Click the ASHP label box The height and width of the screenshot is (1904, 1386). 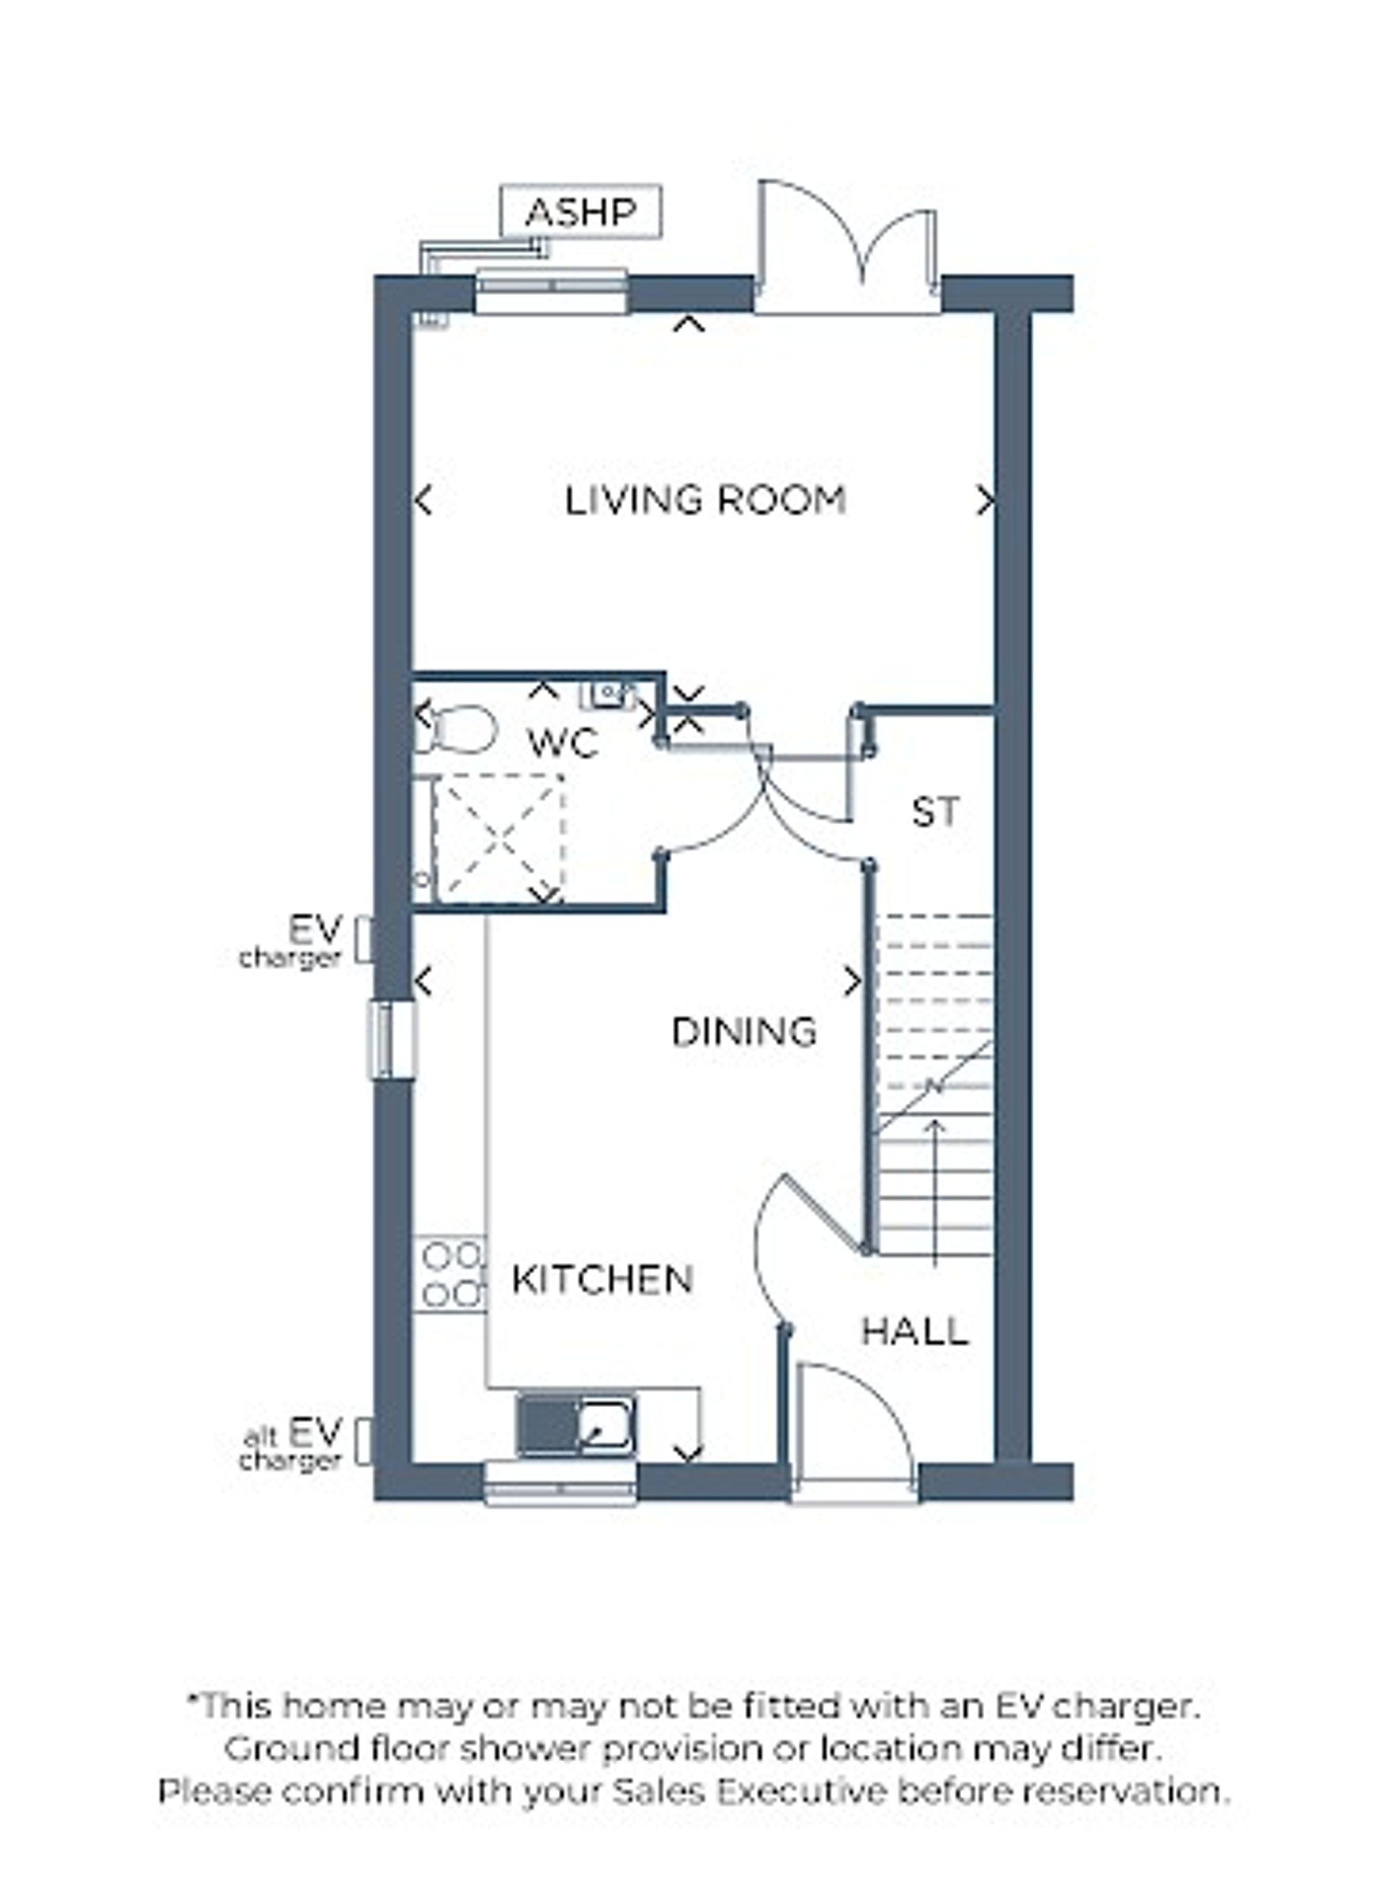580,212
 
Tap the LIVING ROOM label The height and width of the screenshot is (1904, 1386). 705,501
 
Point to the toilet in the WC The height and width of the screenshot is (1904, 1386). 455,729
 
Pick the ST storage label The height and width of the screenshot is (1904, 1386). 935,812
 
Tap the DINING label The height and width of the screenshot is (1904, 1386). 744,1032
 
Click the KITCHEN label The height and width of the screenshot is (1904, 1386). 603,1280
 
